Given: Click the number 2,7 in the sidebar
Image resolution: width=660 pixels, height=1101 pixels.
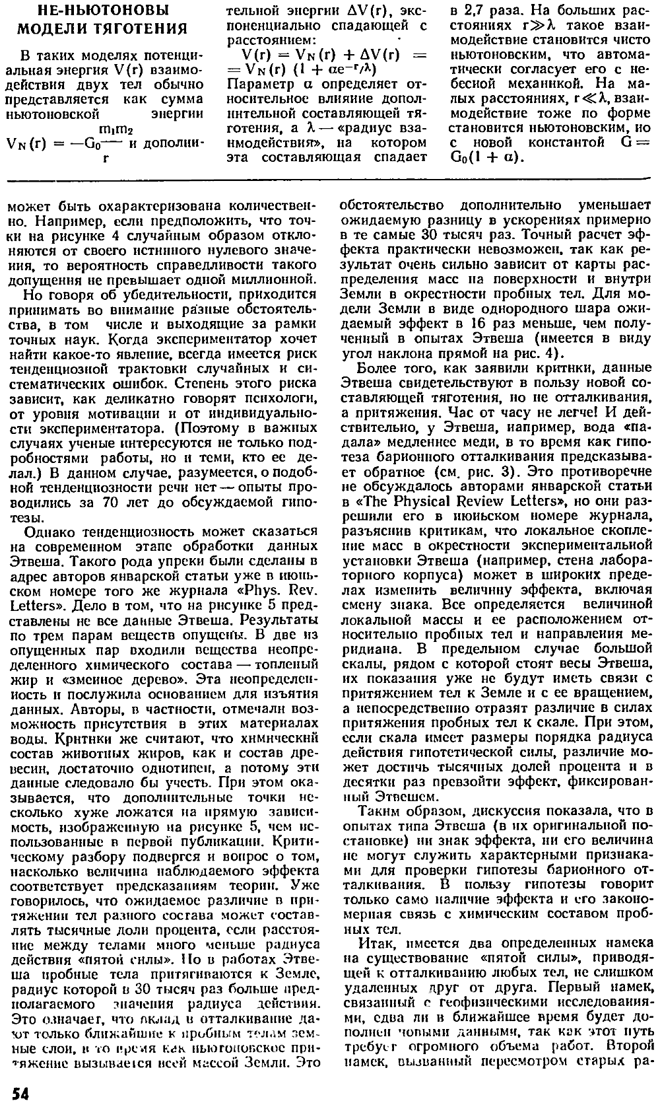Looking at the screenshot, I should (475, 11).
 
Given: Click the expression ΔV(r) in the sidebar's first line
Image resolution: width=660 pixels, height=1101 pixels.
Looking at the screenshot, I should (360, 11).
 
